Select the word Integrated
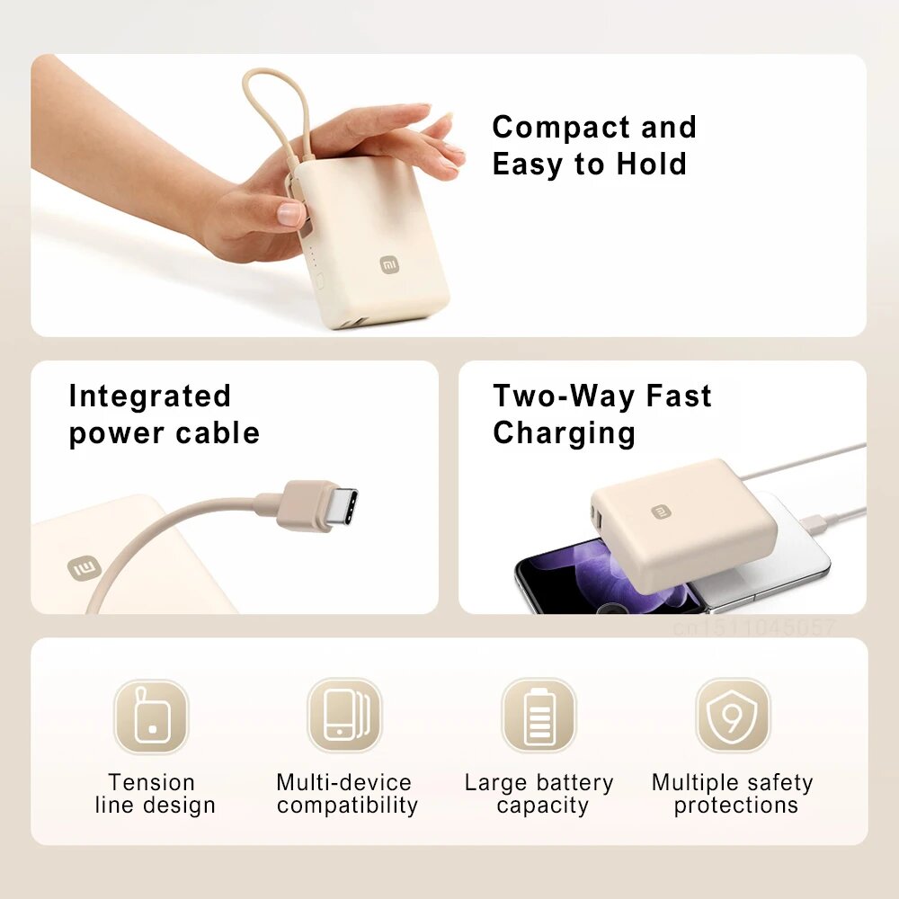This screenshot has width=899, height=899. (150, 396)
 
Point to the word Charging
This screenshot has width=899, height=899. (564, 433)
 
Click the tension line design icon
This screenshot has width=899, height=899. (151, 716)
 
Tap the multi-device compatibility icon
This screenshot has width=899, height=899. (345, 716)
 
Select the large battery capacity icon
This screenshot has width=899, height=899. (539, 716)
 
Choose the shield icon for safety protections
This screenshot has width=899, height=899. (733, 716)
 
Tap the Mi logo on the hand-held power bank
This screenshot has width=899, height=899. (387, 264)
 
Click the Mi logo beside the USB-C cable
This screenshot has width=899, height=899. (84, 568)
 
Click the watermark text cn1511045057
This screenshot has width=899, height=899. (754, 628)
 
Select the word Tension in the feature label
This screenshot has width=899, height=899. (151, 783)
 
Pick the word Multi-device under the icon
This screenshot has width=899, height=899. (344, 783)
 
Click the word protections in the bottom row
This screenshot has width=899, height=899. (736, 806)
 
